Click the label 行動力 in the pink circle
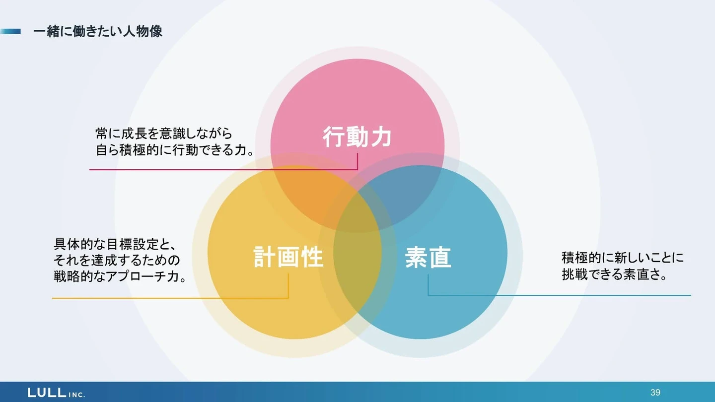coord(357,137)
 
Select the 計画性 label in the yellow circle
coord(288,257)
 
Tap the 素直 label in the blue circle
coord(428,258)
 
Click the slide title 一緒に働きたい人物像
coord(98,31)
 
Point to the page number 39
coord(655,392)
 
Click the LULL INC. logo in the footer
coord(56,393)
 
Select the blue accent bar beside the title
coord(10,31)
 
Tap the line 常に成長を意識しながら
coord(164,134)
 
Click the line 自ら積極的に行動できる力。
coord(175,150)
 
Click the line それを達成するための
coord(117,260)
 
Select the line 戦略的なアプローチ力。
coord(120,276)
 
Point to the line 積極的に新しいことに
coord(623,258)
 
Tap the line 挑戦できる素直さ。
coord(615,274)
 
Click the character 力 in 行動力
coord(380,137)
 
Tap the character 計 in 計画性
coord(265,257)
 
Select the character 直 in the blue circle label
coord(440,258)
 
